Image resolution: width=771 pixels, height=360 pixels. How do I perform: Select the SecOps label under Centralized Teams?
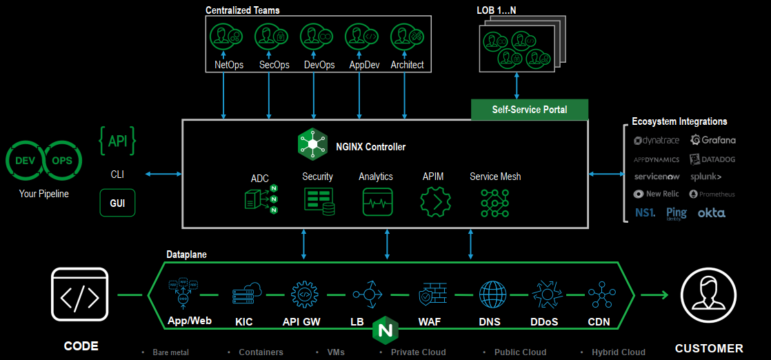coord(274,65)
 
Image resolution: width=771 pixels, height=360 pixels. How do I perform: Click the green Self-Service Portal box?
coord(530,110)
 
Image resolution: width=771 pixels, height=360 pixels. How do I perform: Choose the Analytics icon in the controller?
coord(377,201)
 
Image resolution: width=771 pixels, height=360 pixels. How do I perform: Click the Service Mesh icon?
coord(494,201)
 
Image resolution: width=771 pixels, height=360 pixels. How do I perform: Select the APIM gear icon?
coord(434,201)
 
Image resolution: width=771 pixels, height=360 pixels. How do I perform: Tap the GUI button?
coord(117,203)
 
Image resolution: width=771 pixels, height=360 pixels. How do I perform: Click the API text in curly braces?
coord(117,141)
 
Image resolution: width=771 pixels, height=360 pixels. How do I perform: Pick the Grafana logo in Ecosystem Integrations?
coord(713,140)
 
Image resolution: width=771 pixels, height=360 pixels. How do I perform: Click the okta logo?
coord(711,213)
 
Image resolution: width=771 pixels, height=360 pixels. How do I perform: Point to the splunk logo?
coord(706,177)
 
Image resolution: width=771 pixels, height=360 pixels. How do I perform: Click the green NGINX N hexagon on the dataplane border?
coord(385,329)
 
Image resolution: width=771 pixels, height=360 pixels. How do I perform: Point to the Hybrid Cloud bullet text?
coord(619,352)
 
